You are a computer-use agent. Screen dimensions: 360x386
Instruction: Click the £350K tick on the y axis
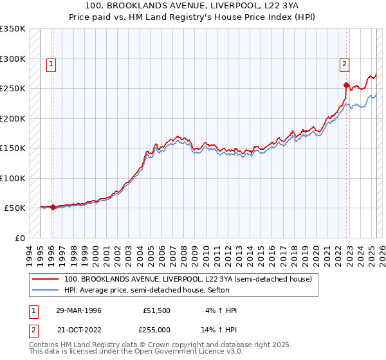13,29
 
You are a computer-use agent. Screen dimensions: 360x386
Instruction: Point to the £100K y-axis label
13,178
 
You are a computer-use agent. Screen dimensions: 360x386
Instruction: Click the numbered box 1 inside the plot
51,64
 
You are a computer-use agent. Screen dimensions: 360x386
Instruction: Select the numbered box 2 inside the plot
345,64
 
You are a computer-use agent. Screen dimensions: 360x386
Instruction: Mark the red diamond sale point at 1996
53,208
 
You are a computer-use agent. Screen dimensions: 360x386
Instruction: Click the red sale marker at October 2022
346,85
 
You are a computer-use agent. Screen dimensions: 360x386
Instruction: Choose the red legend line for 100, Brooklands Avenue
45,279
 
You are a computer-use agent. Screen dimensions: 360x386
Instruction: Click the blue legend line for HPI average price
45,291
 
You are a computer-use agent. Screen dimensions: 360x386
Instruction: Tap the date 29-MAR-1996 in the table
78,310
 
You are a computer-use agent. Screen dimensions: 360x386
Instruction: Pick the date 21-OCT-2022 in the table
79,329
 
